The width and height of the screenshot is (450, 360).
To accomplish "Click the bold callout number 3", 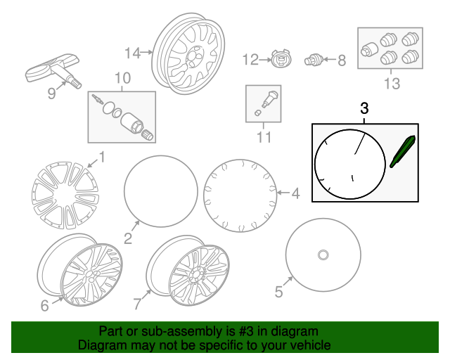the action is tap(364, 108).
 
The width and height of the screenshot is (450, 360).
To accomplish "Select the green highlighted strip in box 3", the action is tap(403, 151).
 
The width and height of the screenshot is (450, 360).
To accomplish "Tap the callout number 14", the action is tap(133, 53).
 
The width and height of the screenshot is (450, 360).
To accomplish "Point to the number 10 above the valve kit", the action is tap(122, 78).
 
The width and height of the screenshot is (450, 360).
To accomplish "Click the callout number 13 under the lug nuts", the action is tap(392, 84).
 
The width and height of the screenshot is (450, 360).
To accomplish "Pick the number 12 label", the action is tap(250, 60).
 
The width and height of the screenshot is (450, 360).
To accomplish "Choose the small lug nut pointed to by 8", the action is tap(314, 60).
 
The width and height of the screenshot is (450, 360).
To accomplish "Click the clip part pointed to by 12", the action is tap(281, 60).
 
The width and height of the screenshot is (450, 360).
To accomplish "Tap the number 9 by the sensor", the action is tap(51, 94).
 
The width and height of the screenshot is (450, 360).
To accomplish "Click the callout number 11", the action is tap(264, 137).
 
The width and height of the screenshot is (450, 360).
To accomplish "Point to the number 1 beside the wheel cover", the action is tap(102, 157).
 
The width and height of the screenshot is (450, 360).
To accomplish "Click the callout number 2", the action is tap(128, 238).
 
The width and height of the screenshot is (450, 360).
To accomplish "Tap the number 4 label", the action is tap(295, 193).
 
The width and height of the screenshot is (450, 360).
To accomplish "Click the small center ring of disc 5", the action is tap(323, 255).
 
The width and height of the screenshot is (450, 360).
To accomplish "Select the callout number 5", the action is tap(279, 292).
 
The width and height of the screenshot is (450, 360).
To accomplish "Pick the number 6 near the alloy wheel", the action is tap(44, 305).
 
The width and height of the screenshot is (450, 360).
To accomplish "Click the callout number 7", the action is tap(138, 304).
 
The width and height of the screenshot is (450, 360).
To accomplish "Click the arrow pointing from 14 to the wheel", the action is tap(147, 52).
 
